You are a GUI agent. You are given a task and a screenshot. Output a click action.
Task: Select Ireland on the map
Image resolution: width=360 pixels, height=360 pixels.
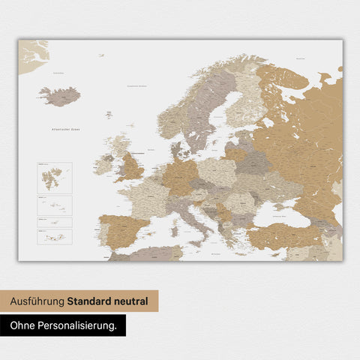click(x=103, y=166)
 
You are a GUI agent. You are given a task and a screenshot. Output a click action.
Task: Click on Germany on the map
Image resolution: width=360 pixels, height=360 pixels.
click(x=181, y=177)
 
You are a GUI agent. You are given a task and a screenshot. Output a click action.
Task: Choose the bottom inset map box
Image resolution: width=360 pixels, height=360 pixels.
click(x=53, y=236)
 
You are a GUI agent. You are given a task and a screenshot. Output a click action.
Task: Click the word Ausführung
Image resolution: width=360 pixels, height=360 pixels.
click(x=37, y=301)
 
